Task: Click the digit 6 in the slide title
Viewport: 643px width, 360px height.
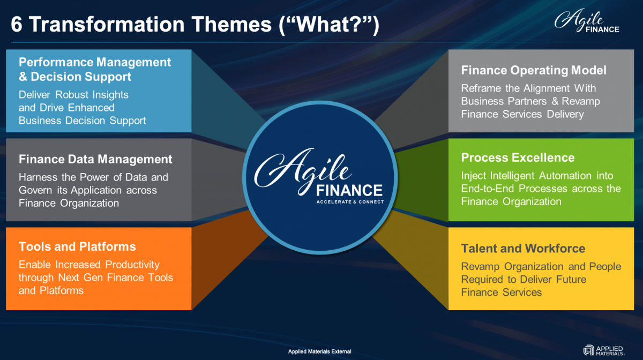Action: point(17,24)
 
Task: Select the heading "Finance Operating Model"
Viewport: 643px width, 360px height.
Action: point(534,70)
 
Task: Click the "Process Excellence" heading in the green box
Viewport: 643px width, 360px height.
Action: point(518,157)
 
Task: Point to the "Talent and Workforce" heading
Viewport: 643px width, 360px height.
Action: point(523,249)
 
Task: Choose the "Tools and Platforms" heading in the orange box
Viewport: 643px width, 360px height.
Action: point(77,246)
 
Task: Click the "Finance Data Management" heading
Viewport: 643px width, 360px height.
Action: point(95,159)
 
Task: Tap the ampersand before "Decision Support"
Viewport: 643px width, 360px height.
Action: point(23,77)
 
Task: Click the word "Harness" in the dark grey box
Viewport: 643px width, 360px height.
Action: point(38,177)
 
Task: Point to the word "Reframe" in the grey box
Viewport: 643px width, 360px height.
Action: point(481,88)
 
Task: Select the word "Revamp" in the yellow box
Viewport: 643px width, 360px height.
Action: point(480,267)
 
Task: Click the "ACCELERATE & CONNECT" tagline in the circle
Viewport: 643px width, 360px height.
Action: point(350,202)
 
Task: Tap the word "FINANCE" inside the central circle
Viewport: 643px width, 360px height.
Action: point(349,190)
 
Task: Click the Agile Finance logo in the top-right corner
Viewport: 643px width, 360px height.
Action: point(586,20)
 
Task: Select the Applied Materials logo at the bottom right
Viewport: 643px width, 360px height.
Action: point(604,350)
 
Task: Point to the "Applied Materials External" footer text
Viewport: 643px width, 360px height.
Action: point(319,351)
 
